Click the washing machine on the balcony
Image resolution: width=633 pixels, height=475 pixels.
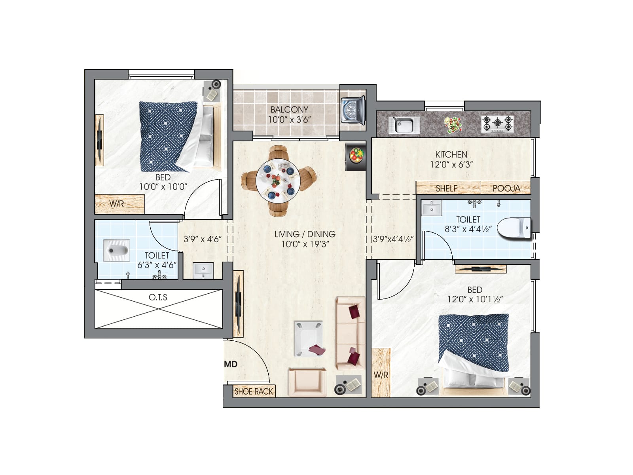tap(353, 111)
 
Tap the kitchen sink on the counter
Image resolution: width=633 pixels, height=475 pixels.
tap(404, 125)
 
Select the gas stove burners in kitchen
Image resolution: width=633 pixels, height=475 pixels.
tap(497, 124)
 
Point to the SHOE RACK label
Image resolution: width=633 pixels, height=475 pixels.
tap(254, 391)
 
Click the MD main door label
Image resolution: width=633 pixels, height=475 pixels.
tap(231, 364)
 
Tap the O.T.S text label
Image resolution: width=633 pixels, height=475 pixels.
tap(158, 297)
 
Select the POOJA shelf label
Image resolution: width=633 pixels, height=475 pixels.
tap(506, 188)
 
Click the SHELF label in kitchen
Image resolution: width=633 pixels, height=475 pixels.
tap(446, 188)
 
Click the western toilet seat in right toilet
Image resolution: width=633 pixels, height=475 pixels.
tap(514, 228)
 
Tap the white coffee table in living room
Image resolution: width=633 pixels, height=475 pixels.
tap(309, 339)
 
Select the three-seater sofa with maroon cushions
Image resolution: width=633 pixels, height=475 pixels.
tap(350, 332)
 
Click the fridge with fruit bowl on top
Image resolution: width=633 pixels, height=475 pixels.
tap(355, 156)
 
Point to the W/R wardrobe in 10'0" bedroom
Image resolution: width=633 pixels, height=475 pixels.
tap(119, 204)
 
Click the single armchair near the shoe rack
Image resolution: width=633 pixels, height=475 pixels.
tap(307, 382)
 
